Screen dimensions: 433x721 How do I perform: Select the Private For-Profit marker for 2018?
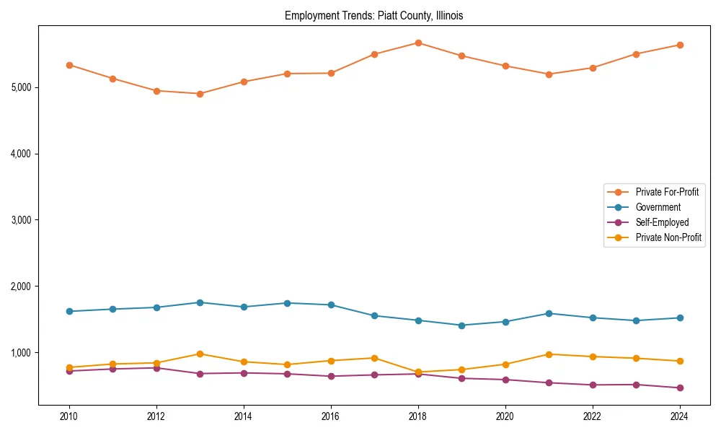pyautogui.click(x=418, y=43)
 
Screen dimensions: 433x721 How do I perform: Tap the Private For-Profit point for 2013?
pyautogui.click(x=200, y=94)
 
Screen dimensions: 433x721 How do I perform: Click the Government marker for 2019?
pyautogui.click(x=461, y=325)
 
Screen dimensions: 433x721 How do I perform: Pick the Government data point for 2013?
pyautogui.click(x=200, y=302)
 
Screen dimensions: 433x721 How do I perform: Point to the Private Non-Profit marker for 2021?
pyautogui.click(x=549, y=354)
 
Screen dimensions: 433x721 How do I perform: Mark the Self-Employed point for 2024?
pyautogui.click(x=680, y=388)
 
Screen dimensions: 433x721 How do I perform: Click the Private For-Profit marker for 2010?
pyautogui.click(x=69, y=65)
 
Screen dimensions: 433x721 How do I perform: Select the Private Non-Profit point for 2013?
pyautogui.click(x=200, y=354)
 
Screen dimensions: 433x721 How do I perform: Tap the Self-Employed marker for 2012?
pyautogui.click(x=156, y=368)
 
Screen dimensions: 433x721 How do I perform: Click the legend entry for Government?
pyautogui.click(x=658, y=207)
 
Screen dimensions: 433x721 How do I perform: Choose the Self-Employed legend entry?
pyautogui.click(x=662, y=222)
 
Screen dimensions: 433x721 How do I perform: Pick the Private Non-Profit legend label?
pyautogui.click(x=668, y=237)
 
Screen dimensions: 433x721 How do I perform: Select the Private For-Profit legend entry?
pyautogui.click(x=667, y=192)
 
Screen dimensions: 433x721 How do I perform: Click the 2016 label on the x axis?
pyautogui.click(x=331, y=416)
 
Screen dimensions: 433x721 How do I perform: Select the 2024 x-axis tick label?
pyautogui.click(x=680, y=416)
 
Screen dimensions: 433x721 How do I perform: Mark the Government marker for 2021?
pyautogui.click(x=549, y=313)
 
